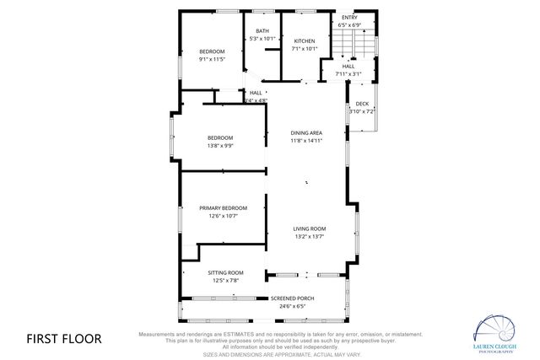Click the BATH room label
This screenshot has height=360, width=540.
pos(262,31)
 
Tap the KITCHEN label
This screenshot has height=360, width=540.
pos(304,41)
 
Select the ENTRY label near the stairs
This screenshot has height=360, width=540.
pos(348,18)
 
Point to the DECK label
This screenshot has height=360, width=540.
pos(361,104)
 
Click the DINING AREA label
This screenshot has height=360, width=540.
pos(306,132)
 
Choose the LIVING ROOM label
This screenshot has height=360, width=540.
pos(310,228)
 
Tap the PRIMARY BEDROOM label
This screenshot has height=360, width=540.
pos(224,208)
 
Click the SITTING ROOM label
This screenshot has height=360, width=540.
pos(225,272)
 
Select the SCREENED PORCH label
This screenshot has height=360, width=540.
pos(292,298)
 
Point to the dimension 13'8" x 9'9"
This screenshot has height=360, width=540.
pos(220,145)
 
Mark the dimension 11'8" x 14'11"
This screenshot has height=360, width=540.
pos(306,141)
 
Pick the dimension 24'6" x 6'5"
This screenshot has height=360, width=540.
pos(292,306)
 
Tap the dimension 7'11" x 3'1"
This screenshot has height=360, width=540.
pos(348,73)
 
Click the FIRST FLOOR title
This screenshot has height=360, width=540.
pos(64,339)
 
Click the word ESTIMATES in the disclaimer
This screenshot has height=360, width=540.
pos(237,335)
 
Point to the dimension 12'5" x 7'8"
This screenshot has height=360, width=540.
pos(225,280)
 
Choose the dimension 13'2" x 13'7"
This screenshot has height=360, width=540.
pos(310,237)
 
